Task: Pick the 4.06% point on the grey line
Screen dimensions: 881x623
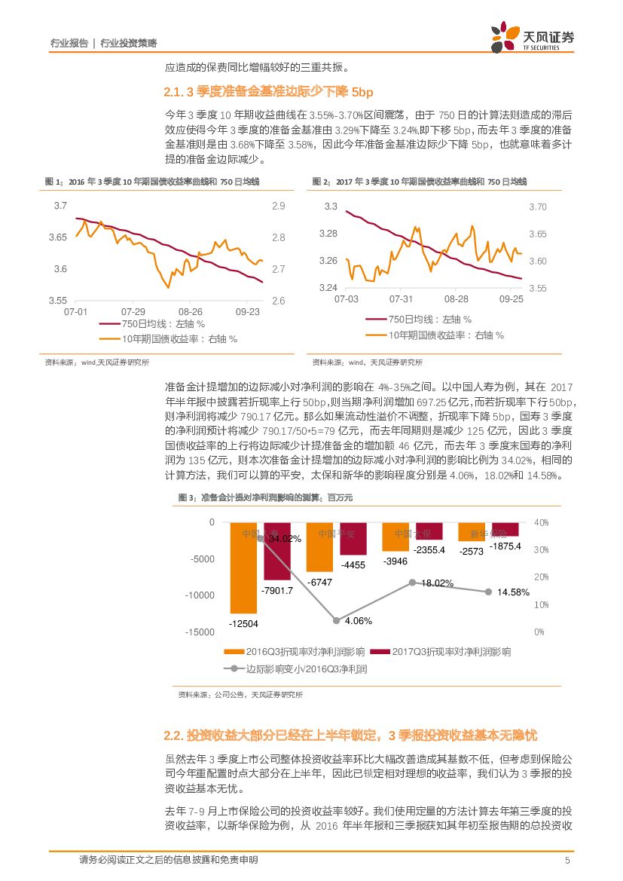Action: click(336, 620)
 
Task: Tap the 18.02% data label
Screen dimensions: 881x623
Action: click(437, 583)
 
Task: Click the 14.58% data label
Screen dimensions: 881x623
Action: click(513, 592)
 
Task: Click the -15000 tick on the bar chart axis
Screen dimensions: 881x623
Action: click(200, 632)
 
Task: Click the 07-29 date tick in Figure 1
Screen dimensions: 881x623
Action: click(133, 311)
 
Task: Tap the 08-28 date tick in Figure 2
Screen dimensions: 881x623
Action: click(456, 299)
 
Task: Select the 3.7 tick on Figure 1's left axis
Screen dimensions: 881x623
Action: click(60, 206)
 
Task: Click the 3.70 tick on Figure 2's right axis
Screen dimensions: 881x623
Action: click(537, 206)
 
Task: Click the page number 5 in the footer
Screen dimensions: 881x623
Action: click(567, 861)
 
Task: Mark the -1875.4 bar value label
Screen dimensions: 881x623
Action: click(505, 546)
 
